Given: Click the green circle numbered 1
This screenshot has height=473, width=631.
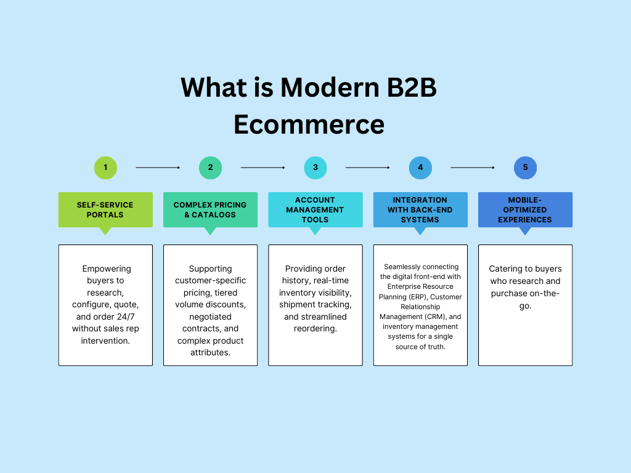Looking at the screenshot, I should point(105,168).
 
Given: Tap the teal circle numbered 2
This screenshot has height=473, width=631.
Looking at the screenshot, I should point(210,168).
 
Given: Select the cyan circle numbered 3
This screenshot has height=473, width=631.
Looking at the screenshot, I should point(315,168).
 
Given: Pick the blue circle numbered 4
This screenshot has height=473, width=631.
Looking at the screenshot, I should point(420,168).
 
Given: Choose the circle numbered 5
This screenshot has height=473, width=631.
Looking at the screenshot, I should point(525,168).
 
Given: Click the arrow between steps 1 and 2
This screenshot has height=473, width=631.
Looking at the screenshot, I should point(158,168).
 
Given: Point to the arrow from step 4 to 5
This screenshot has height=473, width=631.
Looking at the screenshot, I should point(473,168).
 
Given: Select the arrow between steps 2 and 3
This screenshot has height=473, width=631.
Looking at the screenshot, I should point(263,168).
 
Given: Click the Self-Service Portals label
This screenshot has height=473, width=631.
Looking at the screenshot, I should point(105,209).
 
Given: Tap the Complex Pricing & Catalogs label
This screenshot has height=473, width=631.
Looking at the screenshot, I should point(210,209).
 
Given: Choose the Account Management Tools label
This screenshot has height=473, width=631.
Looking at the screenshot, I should point(315,209).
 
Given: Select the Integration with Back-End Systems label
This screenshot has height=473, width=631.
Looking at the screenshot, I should point(420,209).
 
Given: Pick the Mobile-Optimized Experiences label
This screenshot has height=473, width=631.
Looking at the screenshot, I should point(525,209).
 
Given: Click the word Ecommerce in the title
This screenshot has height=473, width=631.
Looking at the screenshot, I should point(309,124).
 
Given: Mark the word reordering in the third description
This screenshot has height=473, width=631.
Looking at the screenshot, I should point(315,329).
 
